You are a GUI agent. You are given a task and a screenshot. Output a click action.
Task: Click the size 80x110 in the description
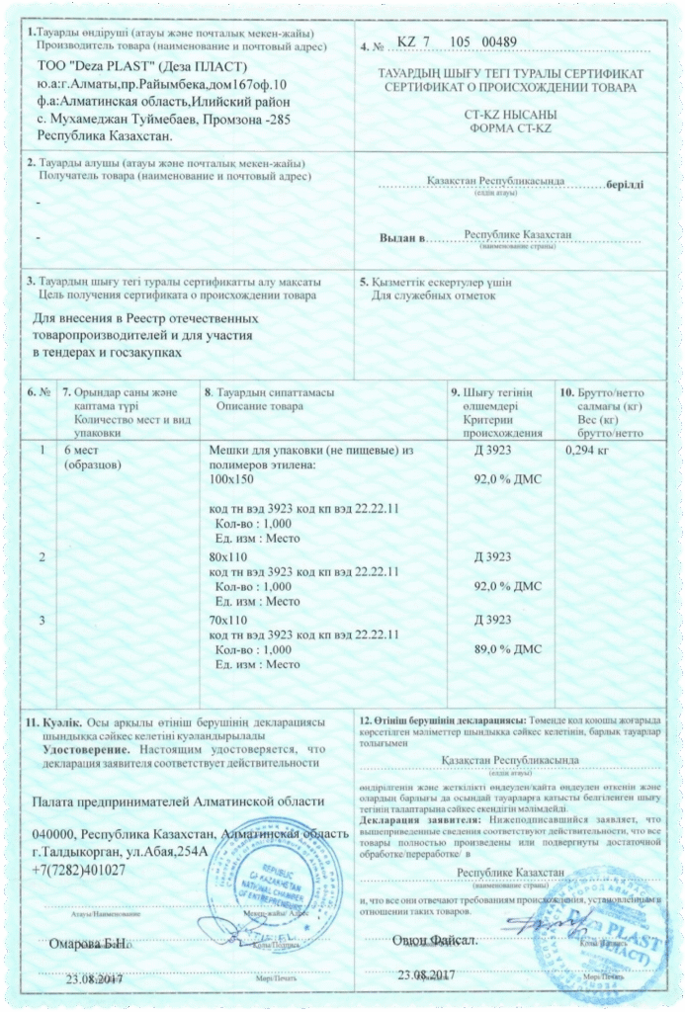point(228,557)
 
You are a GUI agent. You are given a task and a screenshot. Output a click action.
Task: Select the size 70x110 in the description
point(228,620)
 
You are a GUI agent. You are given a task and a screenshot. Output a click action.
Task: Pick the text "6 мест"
point(84,451)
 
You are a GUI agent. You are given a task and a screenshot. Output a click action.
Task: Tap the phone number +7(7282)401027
point(79,870)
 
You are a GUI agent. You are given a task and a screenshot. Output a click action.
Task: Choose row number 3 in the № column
point(41,620)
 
